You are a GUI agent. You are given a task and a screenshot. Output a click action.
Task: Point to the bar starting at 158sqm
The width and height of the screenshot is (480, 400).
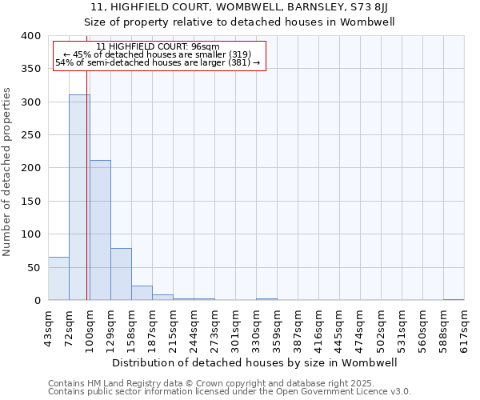[x=142, y=293]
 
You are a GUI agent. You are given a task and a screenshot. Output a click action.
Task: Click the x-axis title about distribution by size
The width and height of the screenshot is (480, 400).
[x=261, y=362]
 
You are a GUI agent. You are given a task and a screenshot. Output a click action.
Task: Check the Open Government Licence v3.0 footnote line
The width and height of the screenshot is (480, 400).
[x=230, y=392]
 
